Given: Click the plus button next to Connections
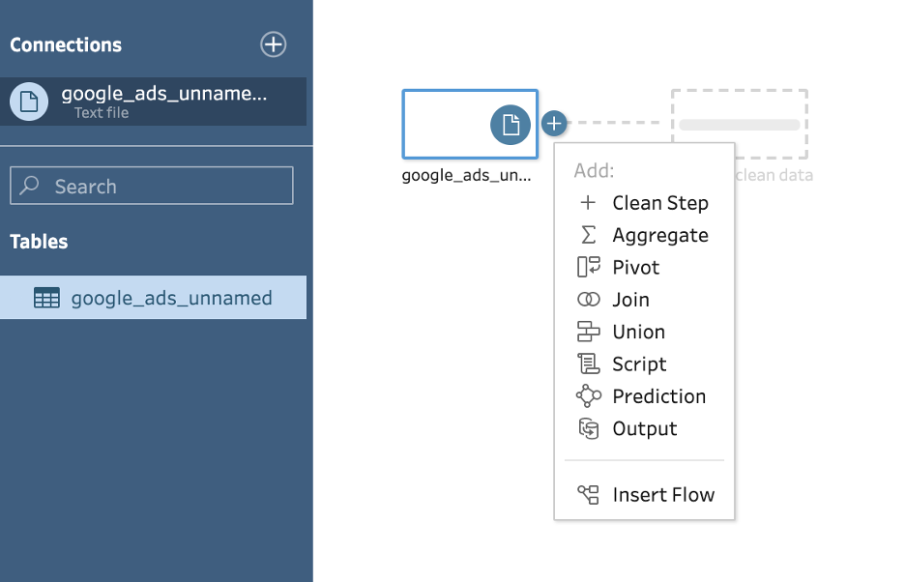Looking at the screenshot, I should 274,44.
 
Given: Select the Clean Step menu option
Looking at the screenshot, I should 659,203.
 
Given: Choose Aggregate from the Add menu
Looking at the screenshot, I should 659,235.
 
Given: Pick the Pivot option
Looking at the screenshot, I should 635,267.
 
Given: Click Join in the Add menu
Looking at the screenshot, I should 630,300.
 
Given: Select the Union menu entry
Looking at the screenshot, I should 638,332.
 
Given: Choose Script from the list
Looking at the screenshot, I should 639,364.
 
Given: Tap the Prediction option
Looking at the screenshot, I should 658,396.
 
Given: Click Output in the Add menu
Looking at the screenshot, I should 644,428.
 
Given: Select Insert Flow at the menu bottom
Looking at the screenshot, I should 663,495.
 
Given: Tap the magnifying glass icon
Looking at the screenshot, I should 30,186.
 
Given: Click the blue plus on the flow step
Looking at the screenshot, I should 553,124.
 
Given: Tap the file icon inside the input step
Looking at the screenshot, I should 511,125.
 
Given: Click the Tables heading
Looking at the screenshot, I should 39,242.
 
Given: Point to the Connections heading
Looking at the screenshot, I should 66,44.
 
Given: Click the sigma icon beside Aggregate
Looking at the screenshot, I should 588,235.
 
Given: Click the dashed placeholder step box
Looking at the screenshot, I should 740,125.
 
